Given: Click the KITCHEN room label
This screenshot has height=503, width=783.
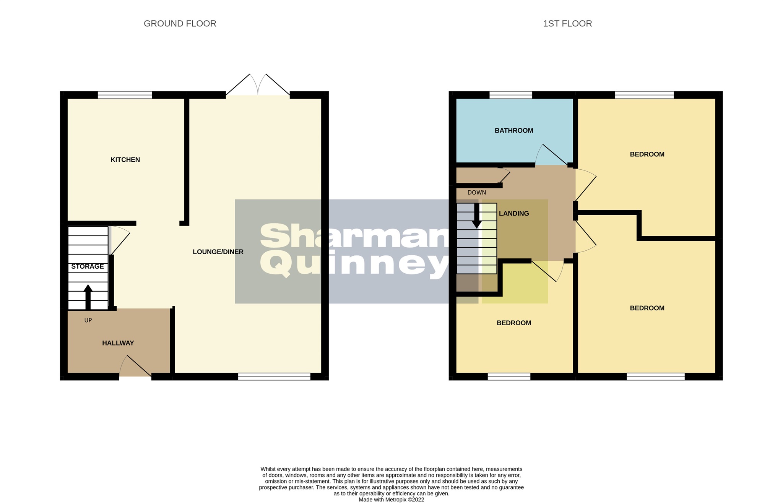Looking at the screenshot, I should [x=125, y=160].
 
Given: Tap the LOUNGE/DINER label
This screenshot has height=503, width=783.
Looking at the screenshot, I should [x=218, y=252].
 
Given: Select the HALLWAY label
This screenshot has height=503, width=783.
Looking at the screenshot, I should [x=118, y=343].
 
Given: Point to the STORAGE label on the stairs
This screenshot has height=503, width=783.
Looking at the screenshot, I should [x=88, y=266].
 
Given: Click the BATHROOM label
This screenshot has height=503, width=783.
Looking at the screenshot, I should [x=513, y=131].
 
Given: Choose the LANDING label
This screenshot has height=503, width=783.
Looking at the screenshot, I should [x=514, y=214].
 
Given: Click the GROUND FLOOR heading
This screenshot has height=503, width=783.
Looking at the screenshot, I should [x=180, y=24].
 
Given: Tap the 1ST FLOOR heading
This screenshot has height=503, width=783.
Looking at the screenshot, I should [x=567, y=24].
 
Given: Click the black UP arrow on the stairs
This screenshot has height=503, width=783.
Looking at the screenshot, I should [x=88, y=297].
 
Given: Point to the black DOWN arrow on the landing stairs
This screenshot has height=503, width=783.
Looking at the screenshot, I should [x=477, y=216].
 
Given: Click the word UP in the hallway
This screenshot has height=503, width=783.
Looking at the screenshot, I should [x=88, y=320].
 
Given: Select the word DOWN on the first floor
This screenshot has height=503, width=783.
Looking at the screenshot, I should [x=476, y=193].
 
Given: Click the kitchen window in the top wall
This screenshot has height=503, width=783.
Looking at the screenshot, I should [x=125, y=95].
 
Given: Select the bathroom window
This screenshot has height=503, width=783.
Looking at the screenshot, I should [x=510, y=95].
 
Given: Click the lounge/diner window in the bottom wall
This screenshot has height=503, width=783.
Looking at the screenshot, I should [x=274, y=376].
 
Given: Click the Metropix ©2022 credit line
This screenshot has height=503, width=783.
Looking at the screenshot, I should [x=391, y=500].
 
